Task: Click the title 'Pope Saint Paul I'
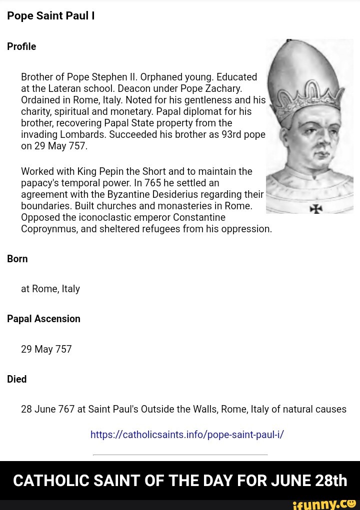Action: point(50,16)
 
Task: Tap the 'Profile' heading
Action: point(21,46)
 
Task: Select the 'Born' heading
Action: point(17,259)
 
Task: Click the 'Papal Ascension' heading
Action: point(43,319)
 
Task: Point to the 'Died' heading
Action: point(17,379)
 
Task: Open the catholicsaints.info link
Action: point(187,435)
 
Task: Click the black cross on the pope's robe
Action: point(316,208)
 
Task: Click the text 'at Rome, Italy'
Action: point(50,289)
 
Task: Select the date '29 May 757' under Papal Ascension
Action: point(46,349)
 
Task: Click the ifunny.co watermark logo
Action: point(324,504)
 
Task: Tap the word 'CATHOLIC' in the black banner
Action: point(50,481)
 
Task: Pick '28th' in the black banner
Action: point(331,481)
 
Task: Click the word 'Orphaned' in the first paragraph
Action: point(161,77)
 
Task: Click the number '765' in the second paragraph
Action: point(153,183)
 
